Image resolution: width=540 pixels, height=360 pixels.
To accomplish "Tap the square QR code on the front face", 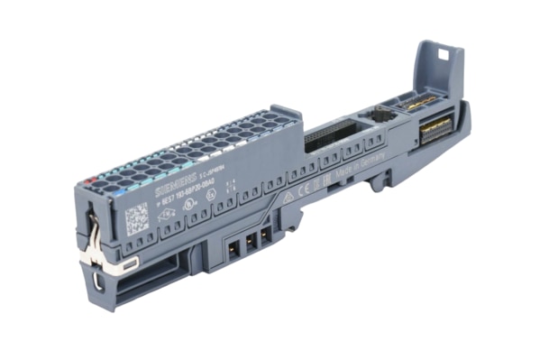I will (x=135, y=219).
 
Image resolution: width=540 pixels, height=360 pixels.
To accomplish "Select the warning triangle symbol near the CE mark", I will (x=288, y=196).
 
